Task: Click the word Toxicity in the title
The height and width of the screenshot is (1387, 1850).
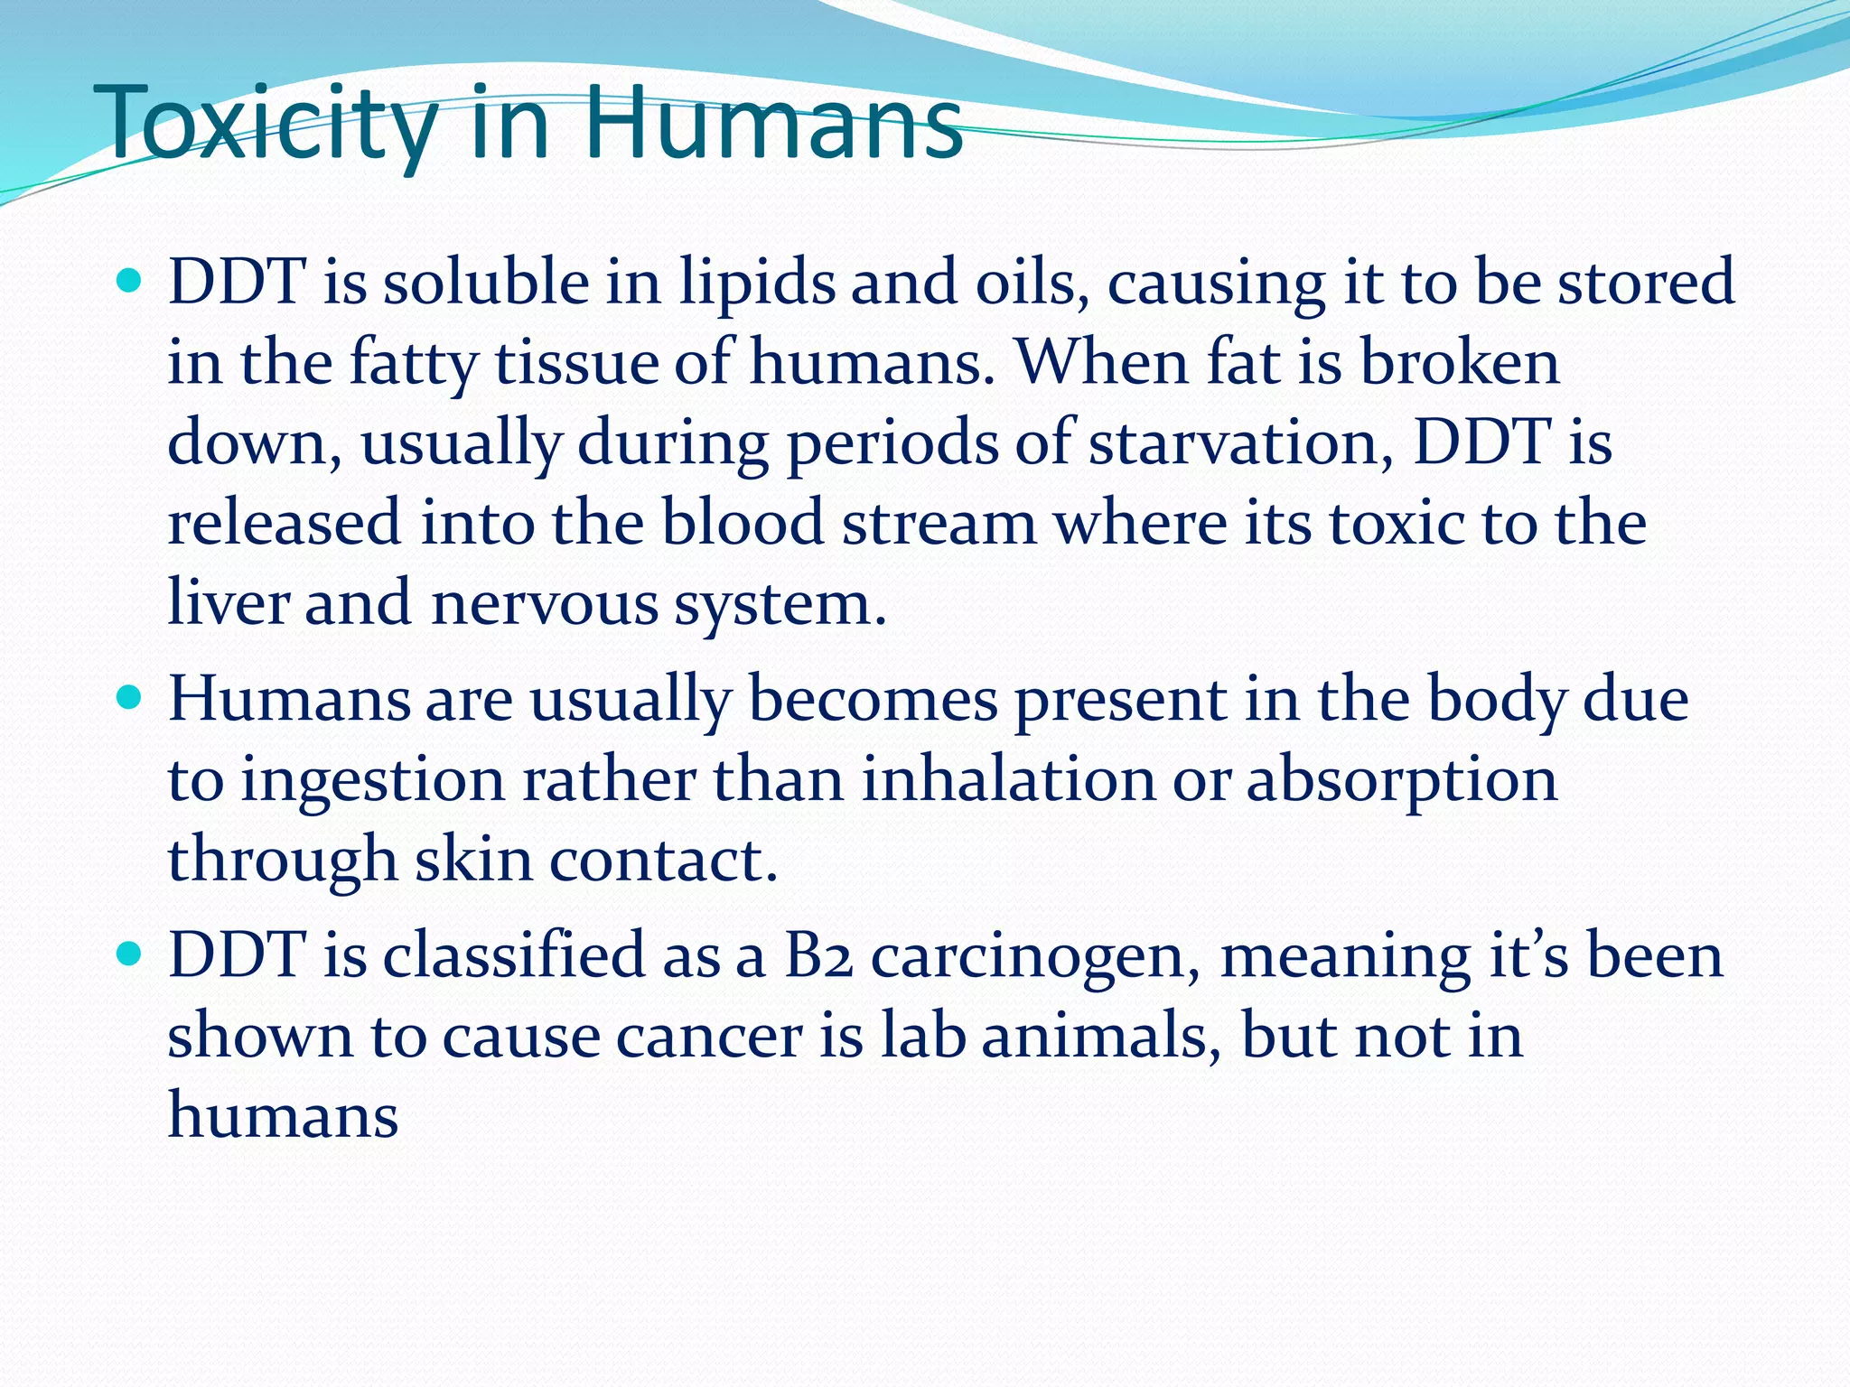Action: [x=270, y=124]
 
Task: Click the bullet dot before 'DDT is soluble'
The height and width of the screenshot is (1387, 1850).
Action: [x=130, y=282]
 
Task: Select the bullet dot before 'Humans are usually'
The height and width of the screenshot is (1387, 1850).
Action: [x=130, y=699]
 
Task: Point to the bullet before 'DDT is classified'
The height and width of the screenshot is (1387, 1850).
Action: [x=130, y=954]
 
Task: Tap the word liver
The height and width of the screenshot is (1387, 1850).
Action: [x=228, y=602]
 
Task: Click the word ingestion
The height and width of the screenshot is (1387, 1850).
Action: [x=372, y=780]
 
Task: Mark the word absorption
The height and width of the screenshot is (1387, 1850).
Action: [x=1402, y=780]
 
